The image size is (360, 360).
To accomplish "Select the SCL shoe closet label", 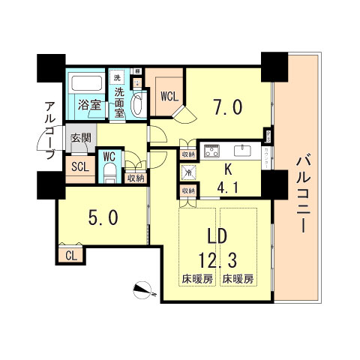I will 79,166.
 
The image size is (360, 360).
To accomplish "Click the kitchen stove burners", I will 211,148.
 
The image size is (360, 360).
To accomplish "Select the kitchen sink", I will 243,147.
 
